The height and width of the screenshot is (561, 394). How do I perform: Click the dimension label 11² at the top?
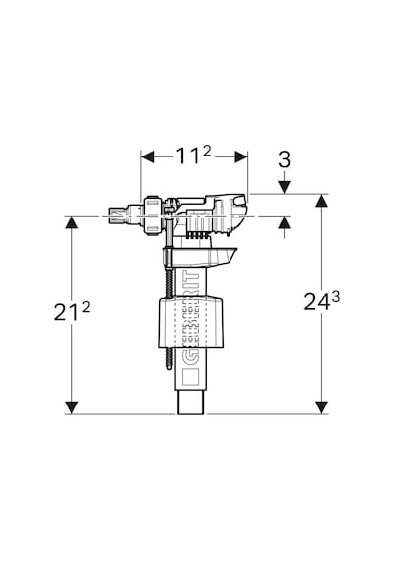[193, 156]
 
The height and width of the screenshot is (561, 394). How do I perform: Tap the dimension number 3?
[284, 159]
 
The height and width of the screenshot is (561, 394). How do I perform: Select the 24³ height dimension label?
[321, 301]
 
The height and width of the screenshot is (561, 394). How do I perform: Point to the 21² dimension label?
[72, 311]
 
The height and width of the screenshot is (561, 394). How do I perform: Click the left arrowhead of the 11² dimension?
[147, 156]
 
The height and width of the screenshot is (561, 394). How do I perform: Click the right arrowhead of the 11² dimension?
[241, 156]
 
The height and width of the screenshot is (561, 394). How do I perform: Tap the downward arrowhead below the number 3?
[284, 187]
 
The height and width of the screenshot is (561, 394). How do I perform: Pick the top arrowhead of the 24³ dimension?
[322, 201]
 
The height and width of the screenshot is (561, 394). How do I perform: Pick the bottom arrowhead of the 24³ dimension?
[322, 407]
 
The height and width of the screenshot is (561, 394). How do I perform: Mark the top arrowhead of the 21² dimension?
[72, 222]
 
